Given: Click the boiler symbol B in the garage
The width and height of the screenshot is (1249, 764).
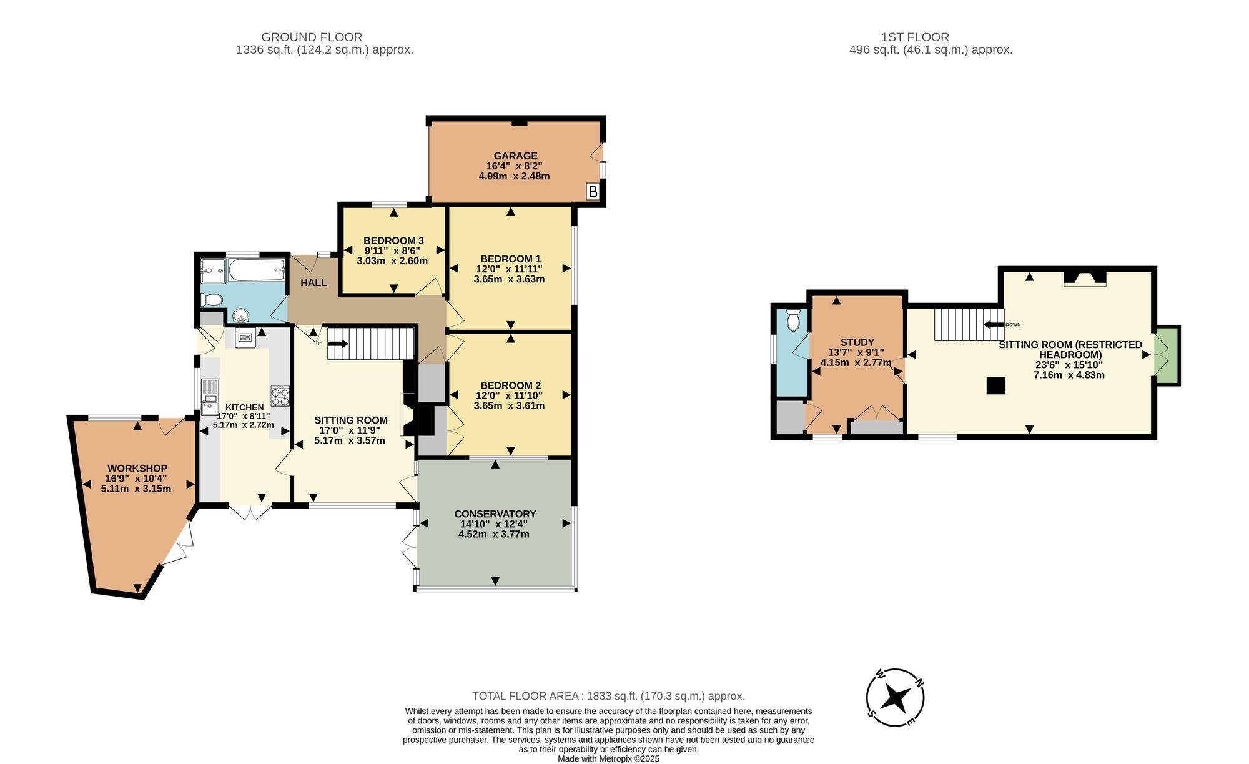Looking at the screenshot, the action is click(593, 192).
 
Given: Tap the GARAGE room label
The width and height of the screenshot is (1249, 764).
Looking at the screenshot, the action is click(515, 156).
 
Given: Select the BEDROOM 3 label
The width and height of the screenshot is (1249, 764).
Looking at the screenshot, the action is click(393, 241).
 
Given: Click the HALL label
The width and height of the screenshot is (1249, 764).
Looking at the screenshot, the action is click(313, 283).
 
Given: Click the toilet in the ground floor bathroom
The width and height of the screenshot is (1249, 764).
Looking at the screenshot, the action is click(212, 300).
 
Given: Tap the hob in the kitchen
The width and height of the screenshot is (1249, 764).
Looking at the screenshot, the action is click(280, 396).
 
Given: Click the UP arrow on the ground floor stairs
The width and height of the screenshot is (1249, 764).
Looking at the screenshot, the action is click(338, 343).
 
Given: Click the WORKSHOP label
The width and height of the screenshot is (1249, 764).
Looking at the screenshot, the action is click(137, 469).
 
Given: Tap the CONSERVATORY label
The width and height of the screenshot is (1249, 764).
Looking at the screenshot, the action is click(495, 514).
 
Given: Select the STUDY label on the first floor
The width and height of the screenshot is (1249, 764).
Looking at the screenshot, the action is click(857, 342).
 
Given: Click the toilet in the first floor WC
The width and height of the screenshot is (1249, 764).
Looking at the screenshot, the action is click(793, 319).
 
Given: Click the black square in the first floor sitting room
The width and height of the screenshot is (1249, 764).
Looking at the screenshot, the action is click(996, 385).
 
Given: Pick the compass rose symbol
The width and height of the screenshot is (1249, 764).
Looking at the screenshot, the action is click(896, 697).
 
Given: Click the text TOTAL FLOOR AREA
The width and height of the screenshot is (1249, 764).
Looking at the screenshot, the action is click(526, 696).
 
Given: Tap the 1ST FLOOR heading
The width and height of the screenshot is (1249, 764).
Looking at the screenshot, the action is click(915, 37).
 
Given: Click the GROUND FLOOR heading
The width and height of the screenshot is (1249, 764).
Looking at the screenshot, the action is click(312, 37).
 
